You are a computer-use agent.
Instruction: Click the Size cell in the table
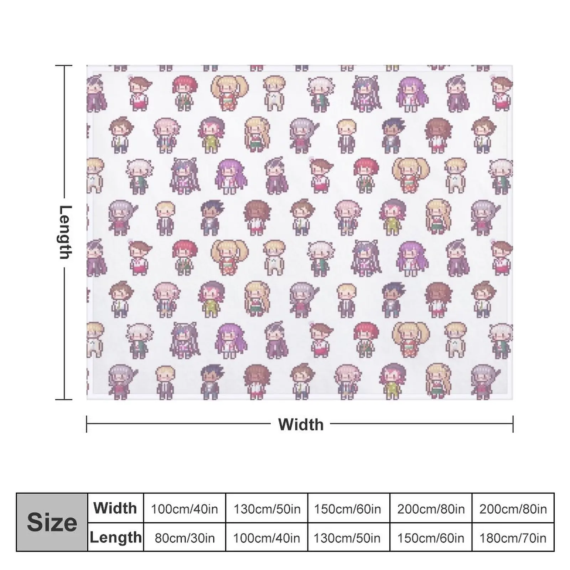(x=52, y=522)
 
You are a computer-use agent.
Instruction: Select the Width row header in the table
(x=115, y=508)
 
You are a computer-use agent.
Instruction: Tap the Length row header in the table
(x=115, y=537)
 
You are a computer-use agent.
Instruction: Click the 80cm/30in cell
(x=185, y=538)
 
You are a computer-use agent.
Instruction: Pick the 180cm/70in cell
(x=513, y=538)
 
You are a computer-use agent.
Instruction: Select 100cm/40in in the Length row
(x=266, y=538)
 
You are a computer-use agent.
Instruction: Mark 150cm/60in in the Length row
(x=431, y=538)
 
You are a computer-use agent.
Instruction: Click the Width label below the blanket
(x=301, y=424)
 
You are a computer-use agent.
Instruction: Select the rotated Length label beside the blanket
(x=65, y=232)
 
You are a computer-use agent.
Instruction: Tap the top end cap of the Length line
(x=64, y=66)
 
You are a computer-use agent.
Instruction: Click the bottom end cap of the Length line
(x=64, y=399)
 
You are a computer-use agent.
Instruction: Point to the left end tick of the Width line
(x=87, y=424)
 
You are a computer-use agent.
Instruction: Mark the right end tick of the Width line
(x=513, y=424)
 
